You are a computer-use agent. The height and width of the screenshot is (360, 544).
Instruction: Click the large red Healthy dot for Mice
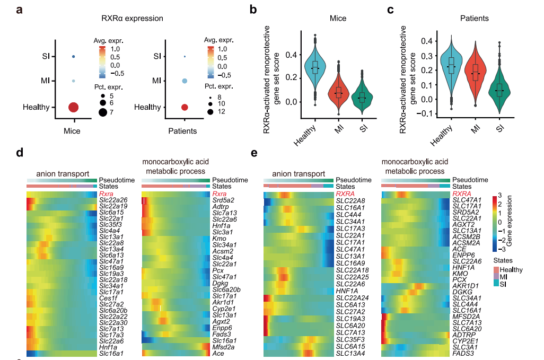click(x=73, y=107)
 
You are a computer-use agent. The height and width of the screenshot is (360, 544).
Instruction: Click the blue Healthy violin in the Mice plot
click(x=315, y=69)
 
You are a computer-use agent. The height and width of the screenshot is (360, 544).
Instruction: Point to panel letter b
click(x=253, y=10)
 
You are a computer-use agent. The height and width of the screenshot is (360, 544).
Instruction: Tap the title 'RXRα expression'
click(x=132, y=18)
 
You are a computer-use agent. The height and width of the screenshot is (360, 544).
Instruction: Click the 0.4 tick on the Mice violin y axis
click(x=289, y=55)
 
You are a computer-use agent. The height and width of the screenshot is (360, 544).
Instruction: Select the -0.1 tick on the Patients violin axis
click(x=411, y=113)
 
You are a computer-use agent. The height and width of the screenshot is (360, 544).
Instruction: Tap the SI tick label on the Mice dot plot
click(x=46, y=56)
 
